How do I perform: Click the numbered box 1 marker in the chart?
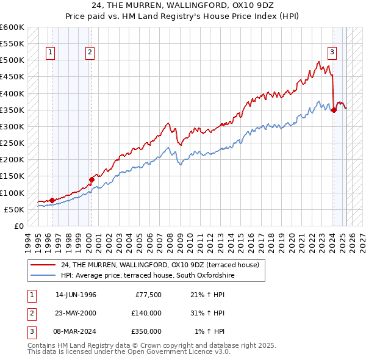click(x=49, y=52)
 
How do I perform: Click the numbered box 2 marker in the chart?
click(x=90, y=52)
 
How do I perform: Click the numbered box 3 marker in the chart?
click(x=332, y=52)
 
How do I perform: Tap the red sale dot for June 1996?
click(x=52, y=200)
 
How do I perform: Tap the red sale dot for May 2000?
click(x=91, y=179)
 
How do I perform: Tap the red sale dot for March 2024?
click(x=334, y=110)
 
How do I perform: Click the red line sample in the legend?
click(x=44, y=265)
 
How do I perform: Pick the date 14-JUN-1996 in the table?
click(x=76, y=295)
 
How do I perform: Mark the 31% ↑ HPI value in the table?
click(x=208, y=313)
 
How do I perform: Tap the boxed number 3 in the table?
click(x=31, y=331)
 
